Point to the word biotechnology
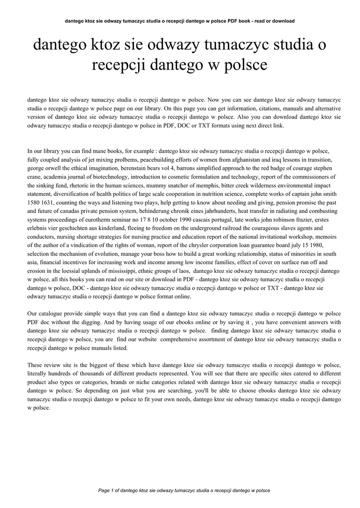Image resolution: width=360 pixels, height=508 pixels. point(138,176)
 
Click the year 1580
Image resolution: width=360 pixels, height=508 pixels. point(34,202)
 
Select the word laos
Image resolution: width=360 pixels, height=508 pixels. point(183,270)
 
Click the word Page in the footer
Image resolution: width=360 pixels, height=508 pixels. point(104,490)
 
